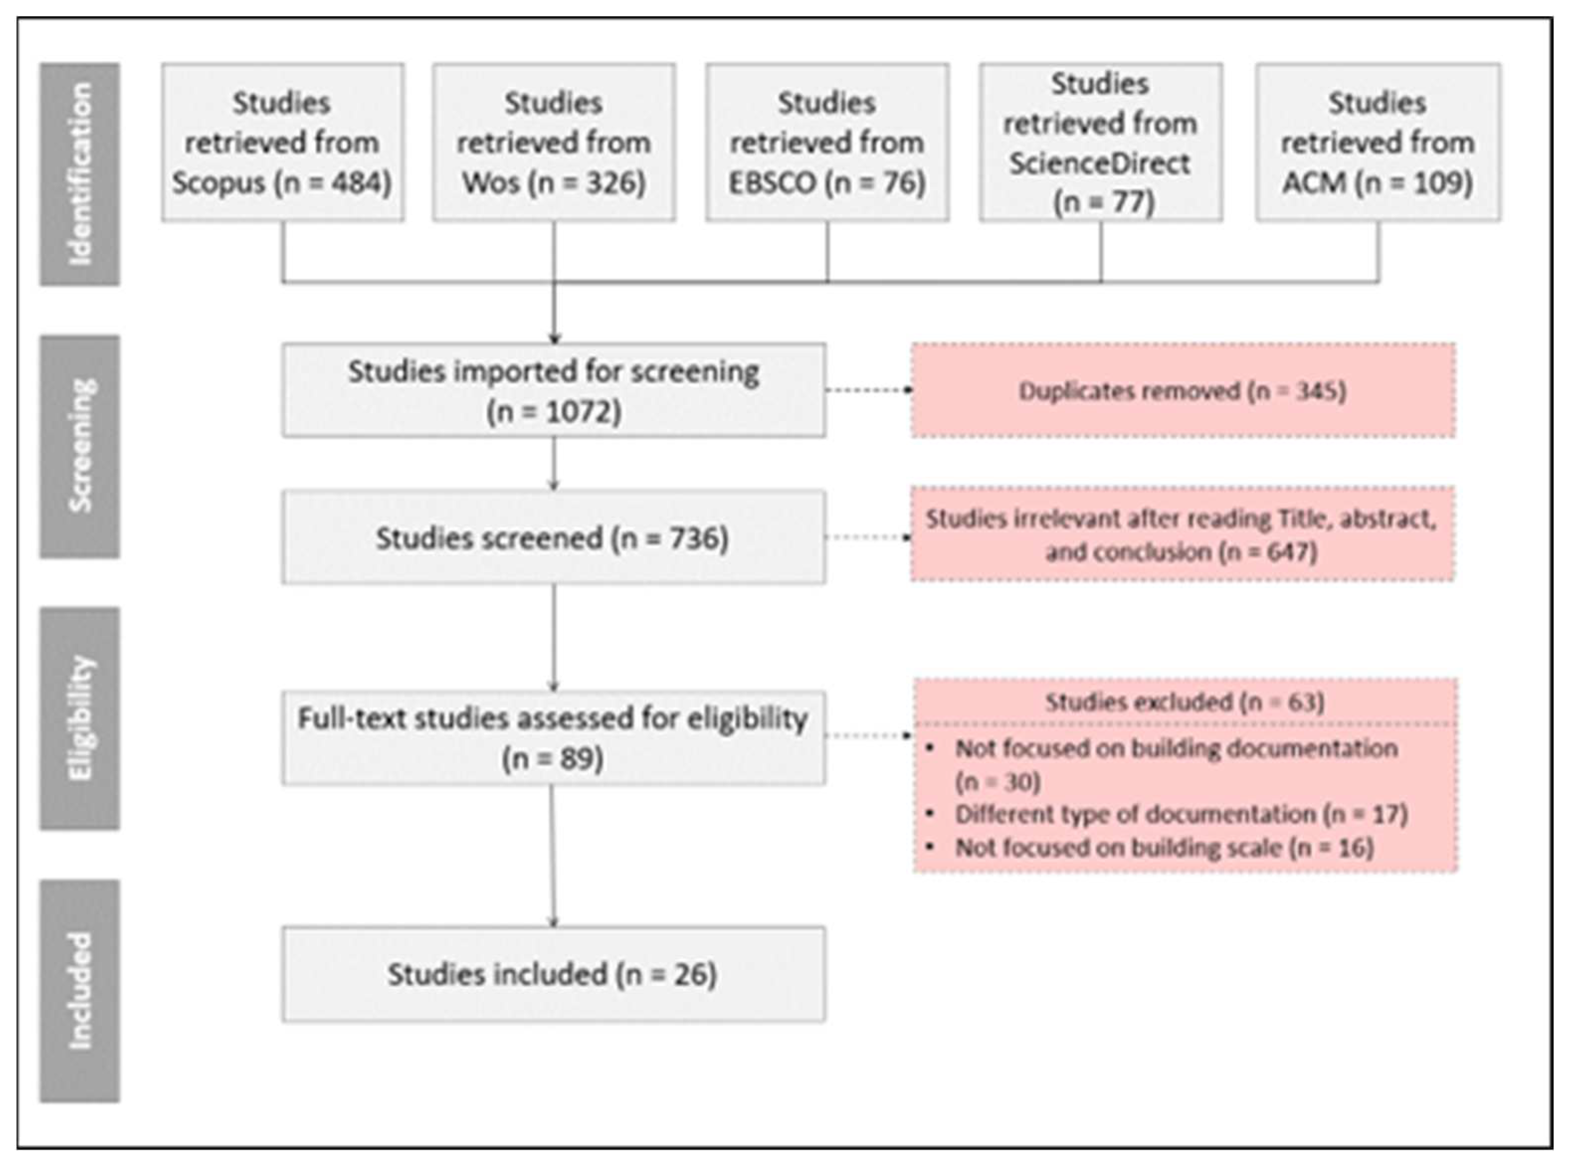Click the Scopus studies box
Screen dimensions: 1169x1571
(x=282, y=142)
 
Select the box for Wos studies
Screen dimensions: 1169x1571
(x=554, y=142)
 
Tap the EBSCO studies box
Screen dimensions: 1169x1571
(x=827, y=142)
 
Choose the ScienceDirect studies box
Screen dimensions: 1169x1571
(x=1101, y=142)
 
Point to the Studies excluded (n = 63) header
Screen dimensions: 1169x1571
(x=1185, y=702)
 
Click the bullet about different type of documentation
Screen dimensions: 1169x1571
(x=1181, y=814)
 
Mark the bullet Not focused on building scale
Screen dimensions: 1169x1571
(x=1164, y=848)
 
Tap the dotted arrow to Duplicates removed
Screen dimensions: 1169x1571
(x=868, y=390)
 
